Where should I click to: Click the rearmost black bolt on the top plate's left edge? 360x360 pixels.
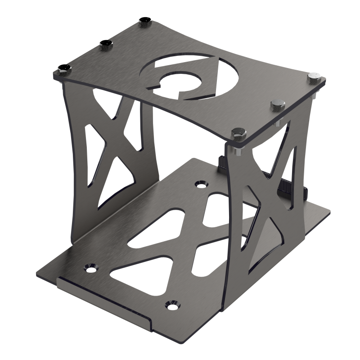click(x=145, y=21)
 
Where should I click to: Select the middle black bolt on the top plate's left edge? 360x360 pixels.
click(x=107, y=43)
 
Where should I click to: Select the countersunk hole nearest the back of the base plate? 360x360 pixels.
click(x=199, y=184)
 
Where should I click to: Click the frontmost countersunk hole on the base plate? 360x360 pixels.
click(x=171, y=305)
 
